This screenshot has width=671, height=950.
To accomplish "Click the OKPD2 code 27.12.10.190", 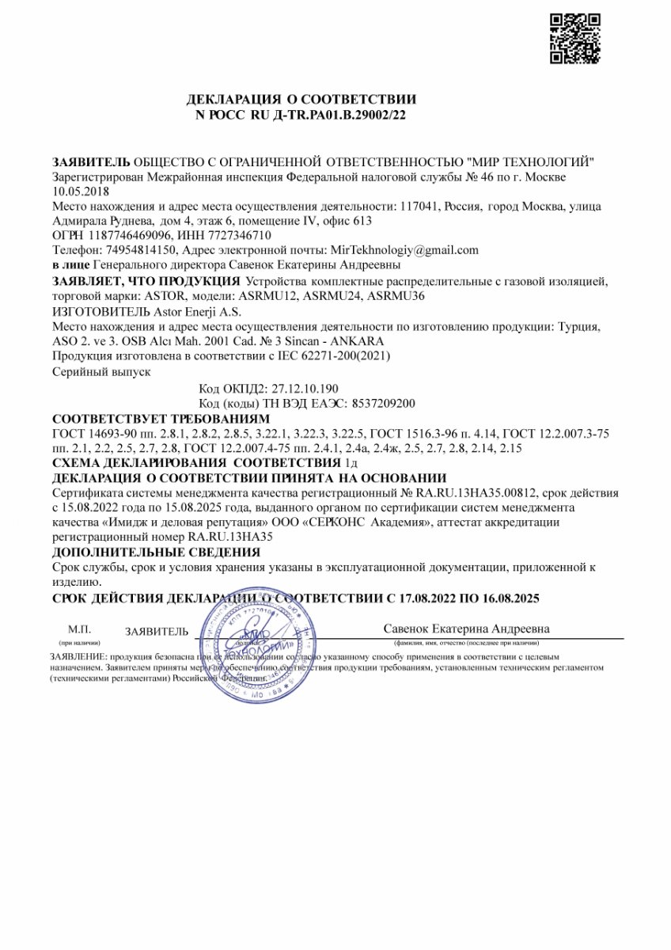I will point(305,388).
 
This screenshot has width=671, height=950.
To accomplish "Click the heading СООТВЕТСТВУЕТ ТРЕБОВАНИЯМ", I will point(161,418).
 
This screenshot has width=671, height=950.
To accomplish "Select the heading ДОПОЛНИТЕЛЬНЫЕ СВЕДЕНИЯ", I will point(155,553).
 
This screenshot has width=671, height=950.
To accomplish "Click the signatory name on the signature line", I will point(466,629).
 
